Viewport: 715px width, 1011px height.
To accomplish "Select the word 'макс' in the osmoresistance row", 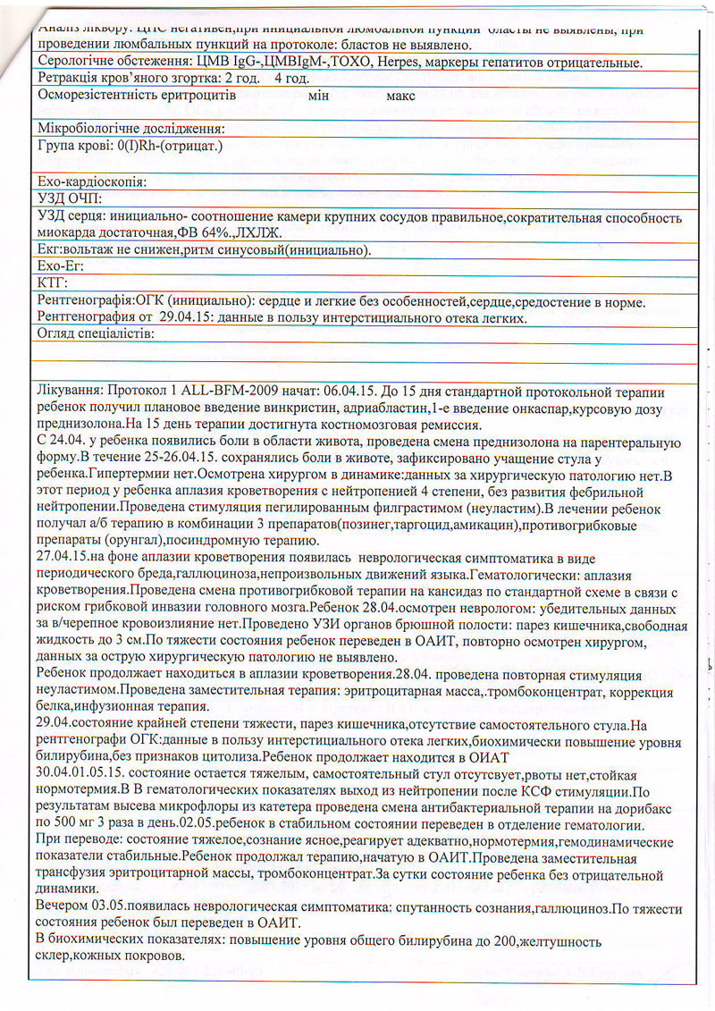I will pyautogui.click(x=402, y=96).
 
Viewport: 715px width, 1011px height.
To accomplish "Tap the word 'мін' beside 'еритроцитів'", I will pyautogui.click(x=318, y=96).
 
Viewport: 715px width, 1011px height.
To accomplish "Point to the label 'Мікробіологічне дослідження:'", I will pyautogui.click(x=130, y=129).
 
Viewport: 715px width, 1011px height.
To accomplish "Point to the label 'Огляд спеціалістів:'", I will pyautogui.click(x=96, y=334).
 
